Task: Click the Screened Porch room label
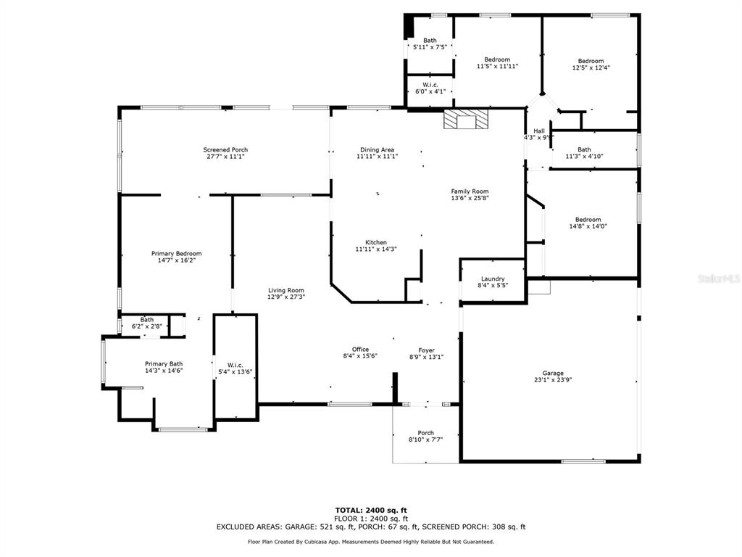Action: click(x=226, y=149)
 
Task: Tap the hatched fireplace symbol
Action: click(x=465, y=120)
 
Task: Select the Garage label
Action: click(x=553, y=374)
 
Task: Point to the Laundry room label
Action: click(x=493, y=279)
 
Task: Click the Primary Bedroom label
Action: click(x=177, y=254)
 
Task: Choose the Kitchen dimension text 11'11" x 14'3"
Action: click(x=376, y=249)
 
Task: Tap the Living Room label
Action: click(x=286, y=290)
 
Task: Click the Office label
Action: click(x=360, y=350)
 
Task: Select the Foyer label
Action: click(x=426, y=350)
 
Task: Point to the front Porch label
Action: click(x=426, y=433)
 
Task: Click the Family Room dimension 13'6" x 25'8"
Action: click(x=470, y=198)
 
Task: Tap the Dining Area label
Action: click(x=377, y=149)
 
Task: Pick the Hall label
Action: click(x=539, y=131)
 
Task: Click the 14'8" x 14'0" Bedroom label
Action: click(x=588, y=220)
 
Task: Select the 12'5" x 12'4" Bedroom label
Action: click(x=591, y=61)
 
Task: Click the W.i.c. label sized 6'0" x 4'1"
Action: click(x=430, y=85)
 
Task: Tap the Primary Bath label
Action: click(x=164, y=364)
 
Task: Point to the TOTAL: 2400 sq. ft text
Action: click(x=371, y=510)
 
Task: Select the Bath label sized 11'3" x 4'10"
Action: click(x=585, y=149)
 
